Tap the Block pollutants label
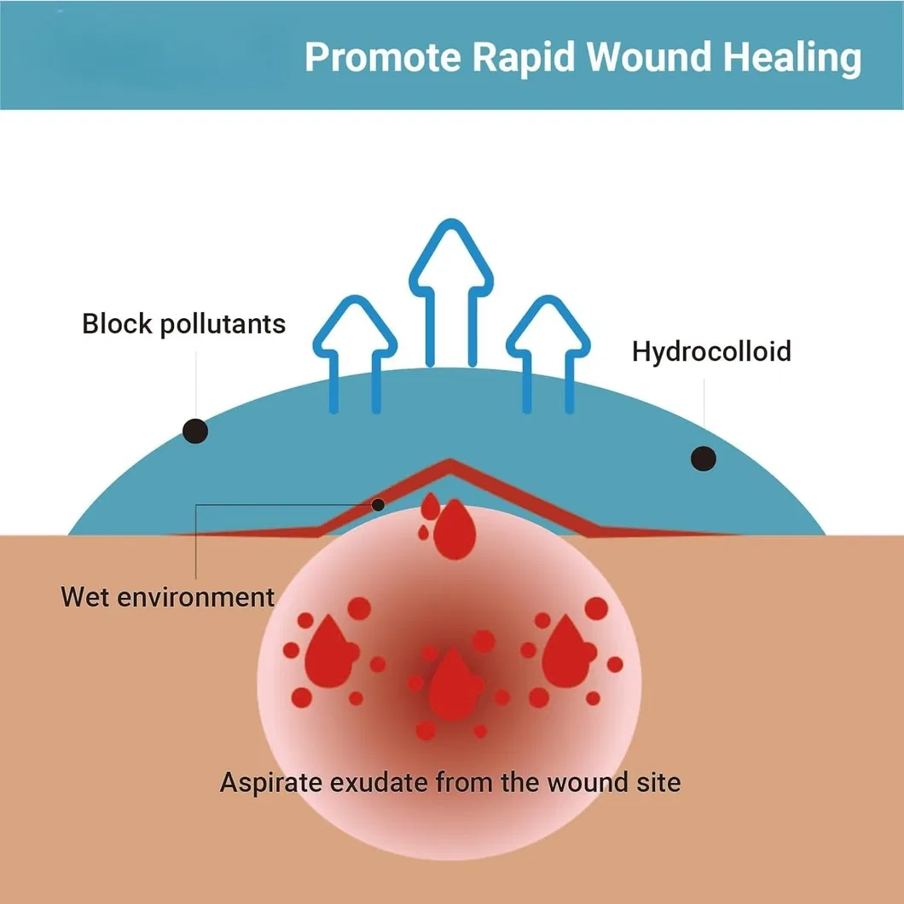(183, 324)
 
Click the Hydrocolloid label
(711, 351)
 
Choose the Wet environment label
(167, 597)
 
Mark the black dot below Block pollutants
(195, 432)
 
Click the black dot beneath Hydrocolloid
(704, 458)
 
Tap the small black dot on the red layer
(379, 505)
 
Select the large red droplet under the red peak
(453, 530)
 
